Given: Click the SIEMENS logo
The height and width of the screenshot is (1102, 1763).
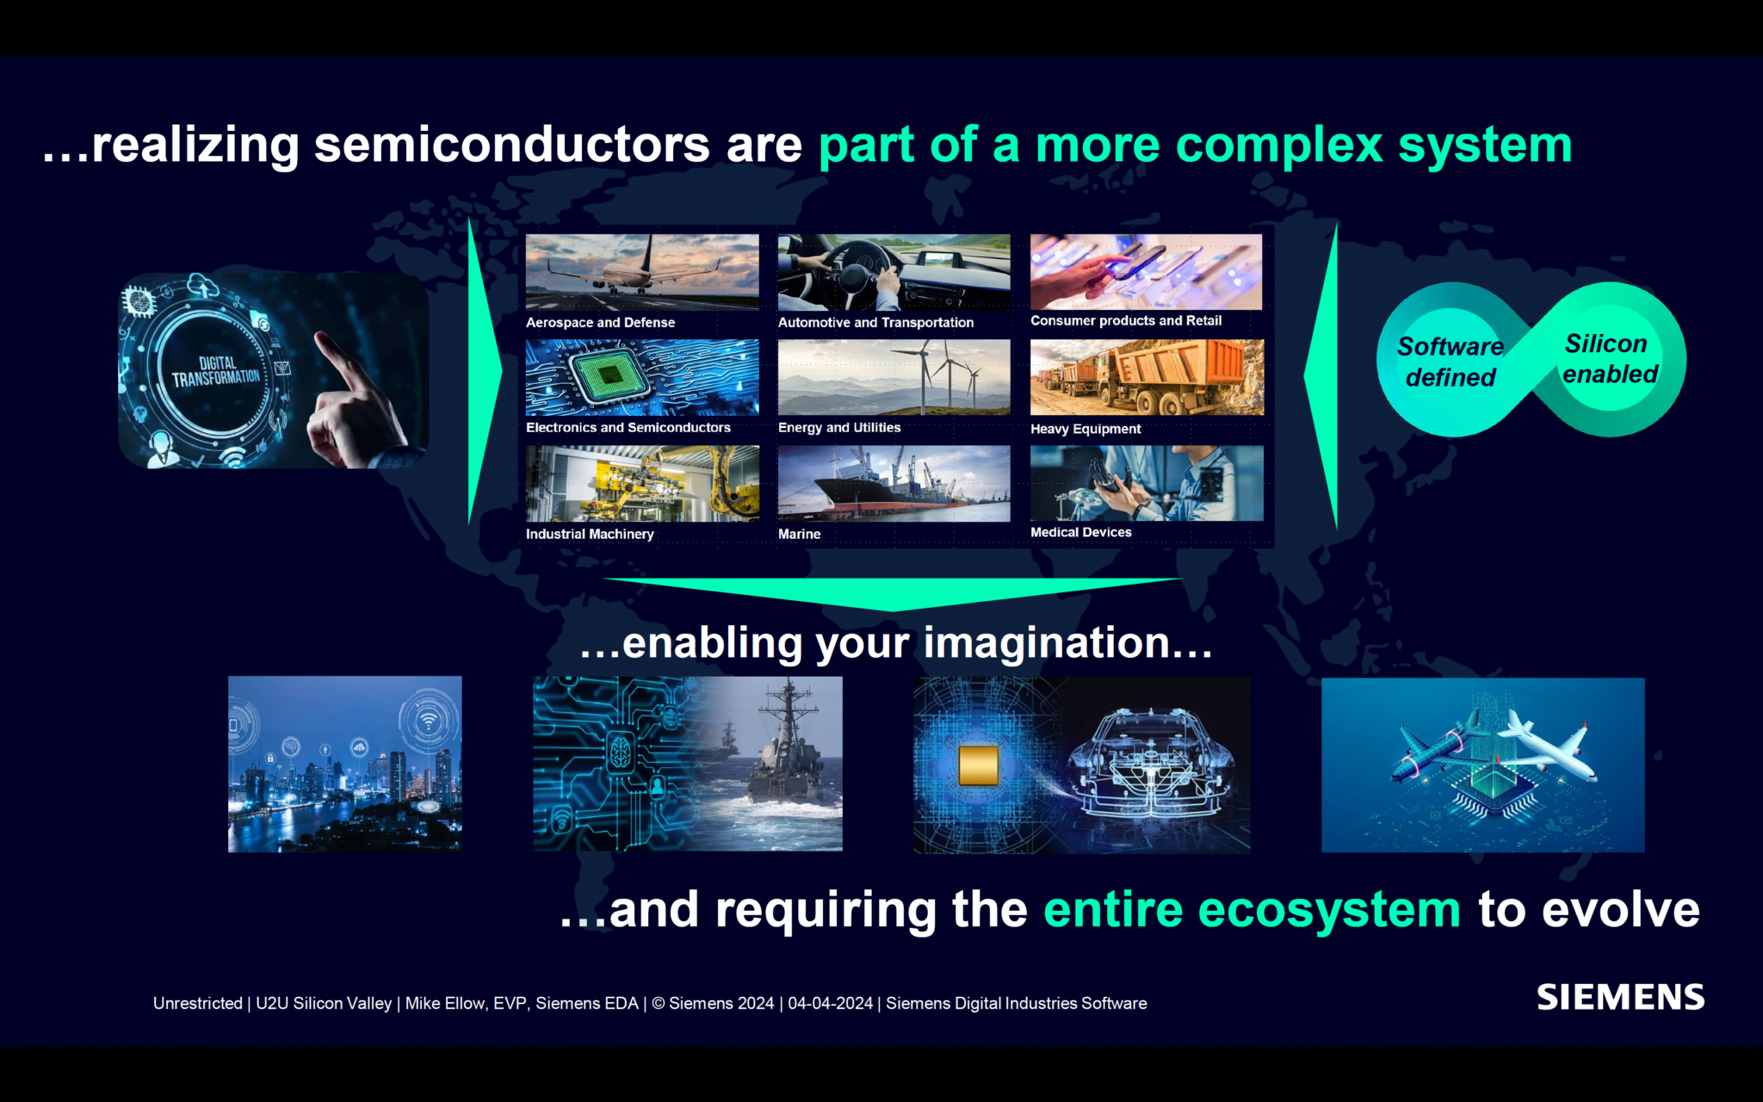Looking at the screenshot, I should click(1620, 997).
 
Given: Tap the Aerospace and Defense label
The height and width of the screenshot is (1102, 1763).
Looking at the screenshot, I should click(600, 323).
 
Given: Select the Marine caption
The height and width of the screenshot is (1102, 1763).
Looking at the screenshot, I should click(799, 534).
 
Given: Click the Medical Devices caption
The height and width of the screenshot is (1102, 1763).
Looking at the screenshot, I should click(1080, 532).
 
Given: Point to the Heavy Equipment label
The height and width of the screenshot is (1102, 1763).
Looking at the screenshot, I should click(1085, 429).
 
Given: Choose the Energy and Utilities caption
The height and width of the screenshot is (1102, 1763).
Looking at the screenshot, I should click(838, 428).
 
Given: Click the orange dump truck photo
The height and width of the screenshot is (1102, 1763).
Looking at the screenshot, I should click(1147, 377).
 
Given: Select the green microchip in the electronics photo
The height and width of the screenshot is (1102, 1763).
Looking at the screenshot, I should click(610, 375).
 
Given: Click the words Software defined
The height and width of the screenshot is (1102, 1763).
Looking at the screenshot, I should click(1451, 362).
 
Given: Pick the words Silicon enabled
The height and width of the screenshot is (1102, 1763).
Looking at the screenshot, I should click(1608, 359).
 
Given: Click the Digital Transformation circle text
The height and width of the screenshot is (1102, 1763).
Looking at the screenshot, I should click(215, 371).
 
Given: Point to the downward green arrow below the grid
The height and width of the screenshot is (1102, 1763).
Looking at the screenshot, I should click(892, 593).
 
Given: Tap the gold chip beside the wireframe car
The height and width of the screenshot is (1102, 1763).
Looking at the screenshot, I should click(978, 765).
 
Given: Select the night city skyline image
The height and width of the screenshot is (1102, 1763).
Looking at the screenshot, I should click(344, 765).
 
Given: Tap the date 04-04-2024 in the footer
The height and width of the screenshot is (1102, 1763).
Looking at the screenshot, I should click(830, 1003).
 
